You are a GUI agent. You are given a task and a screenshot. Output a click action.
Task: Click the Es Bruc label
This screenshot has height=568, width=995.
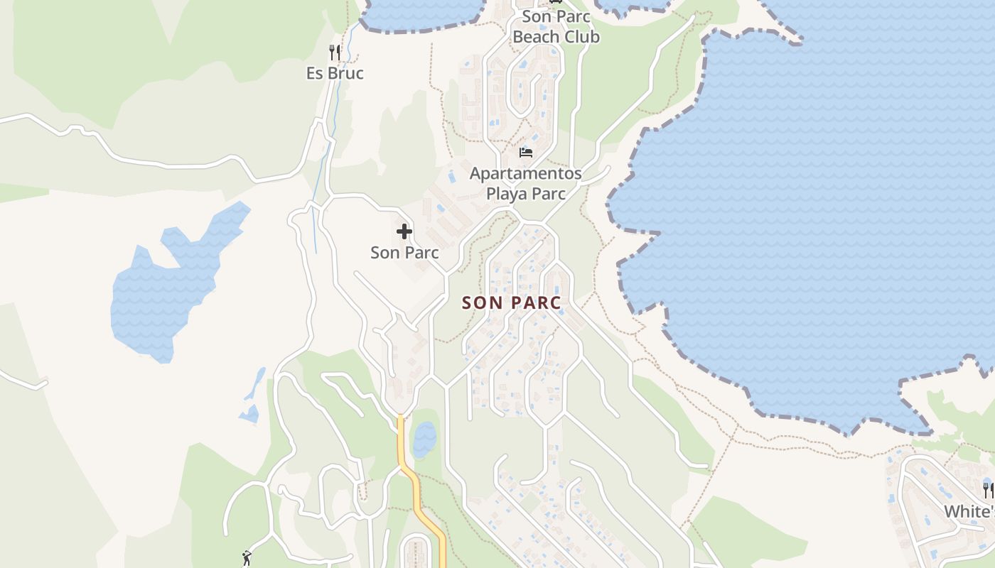coord(335,73)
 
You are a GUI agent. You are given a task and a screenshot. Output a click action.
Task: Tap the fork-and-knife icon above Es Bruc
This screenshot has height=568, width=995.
coord(335,52)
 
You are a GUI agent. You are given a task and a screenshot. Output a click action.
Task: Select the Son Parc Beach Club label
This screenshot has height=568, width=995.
coord(556,26)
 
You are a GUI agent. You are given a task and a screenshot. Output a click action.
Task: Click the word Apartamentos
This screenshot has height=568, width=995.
coord(525,173)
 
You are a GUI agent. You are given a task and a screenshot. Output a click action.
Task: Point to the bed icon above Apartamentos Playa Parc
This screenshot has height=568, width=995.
coord(526,152)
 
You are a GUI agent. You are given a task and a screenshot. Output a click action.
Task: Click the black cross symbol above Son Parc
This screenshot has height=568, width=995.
coord(404,231)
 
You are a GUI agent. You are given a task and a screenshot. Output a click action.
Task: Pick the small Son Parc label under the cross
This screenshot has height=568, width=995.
coord(404,253)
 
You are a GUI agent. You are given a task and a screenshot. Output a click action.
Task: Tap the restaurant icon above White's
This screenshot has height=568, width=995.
coord(988,490)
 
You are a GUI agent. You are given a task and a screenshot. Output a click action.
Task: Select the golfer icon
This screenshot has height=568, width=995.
coord(247,558)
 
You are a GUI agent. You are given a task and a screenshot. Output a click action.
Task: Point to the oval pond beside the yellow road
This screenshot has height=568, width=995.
coord(424,439)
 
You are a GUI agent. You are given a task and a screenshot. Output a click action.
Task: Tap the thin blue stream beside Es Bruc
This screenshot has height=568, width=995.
coord(323,177)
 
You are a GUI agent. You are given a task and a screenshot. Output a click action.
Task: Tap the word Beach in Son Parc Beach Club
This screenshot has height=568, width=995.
coord(537,37)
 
